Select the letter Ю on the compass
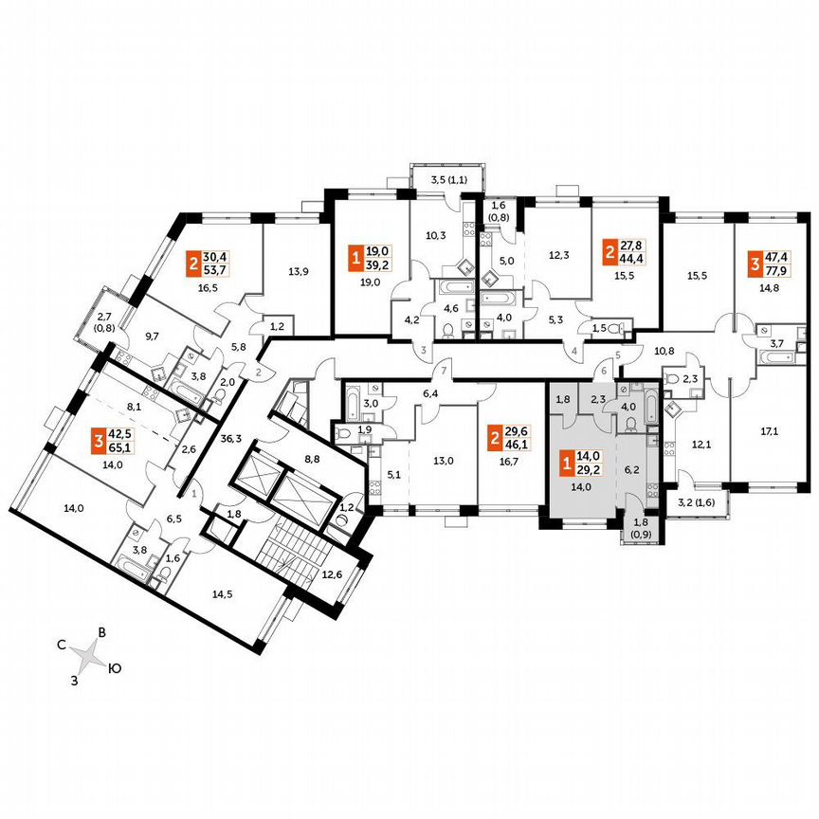[x=114, y=669]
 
